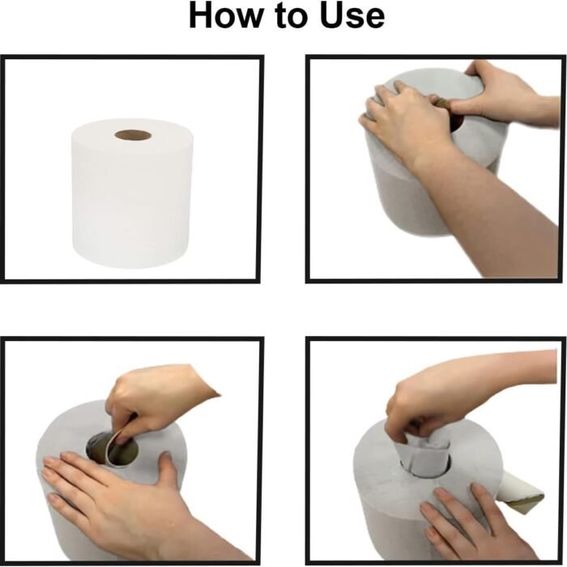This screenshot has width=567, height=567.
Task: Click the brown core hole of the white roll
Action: [133, 134]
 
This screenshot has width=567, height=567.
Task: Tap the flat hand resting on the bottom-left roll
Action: [105, 494]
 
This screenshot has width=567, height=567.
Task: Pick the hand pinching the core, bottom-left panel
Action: [154, 397]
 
